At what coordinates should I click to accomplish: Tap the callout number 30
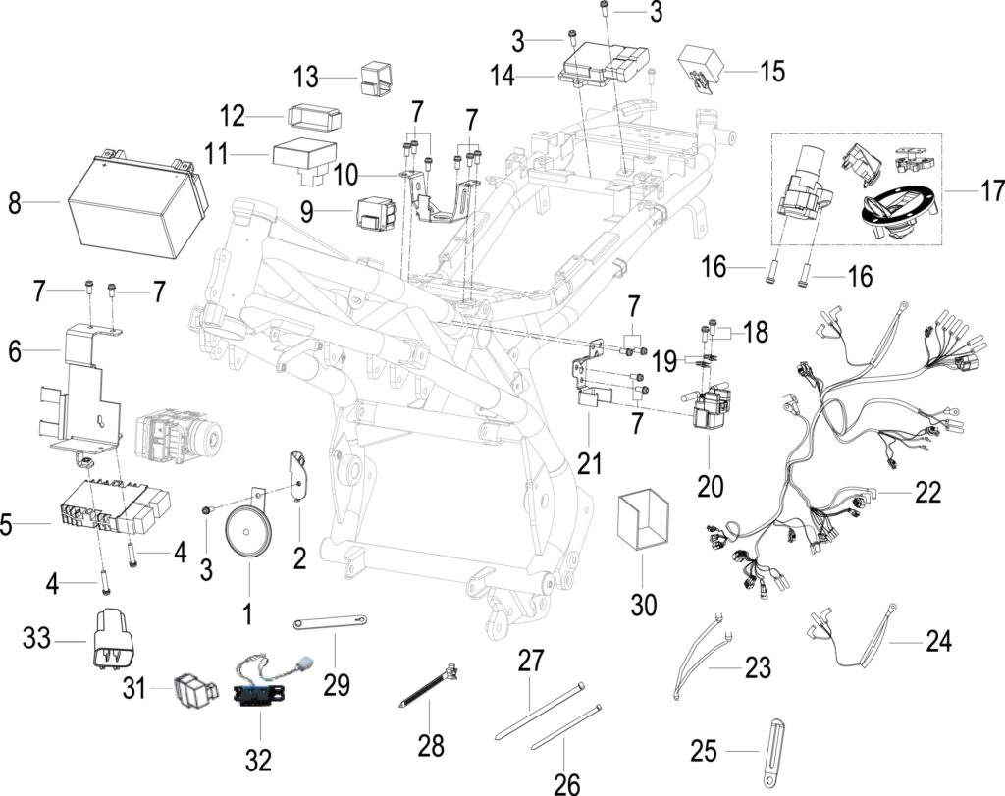tap(644, 604)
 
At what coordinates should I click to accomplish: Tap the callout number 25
tap(704, 751)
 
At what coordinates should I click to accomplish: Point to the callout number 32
tap(258, 760)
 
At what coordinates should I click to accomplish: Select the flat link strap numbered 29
tap(331, 622)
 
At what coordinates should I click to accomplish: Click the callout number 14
tap(502, 76)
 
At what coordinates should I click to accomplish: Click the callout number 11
tap(218, 154)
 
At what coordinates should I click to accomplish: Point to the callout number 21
tap(590, 462)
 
